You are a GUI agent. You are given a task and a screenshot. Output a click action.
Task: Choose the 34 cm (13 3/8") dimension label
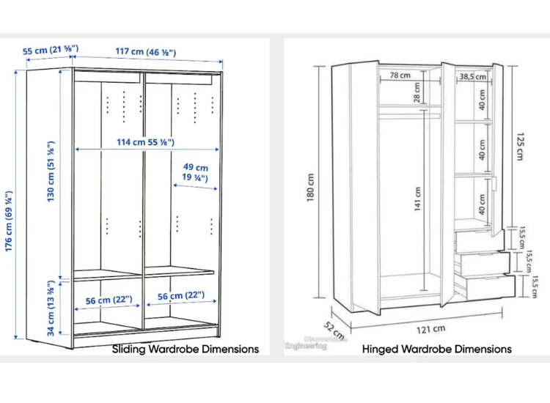51,304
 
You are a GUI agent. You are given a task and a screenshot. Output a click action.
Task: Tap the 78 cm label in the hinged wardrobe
400,75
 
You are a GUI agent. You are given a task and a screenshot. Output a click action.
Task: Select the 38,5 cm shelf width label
472,76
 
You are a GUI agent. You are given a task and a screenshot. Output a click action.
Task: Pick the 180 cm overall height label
310,189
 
